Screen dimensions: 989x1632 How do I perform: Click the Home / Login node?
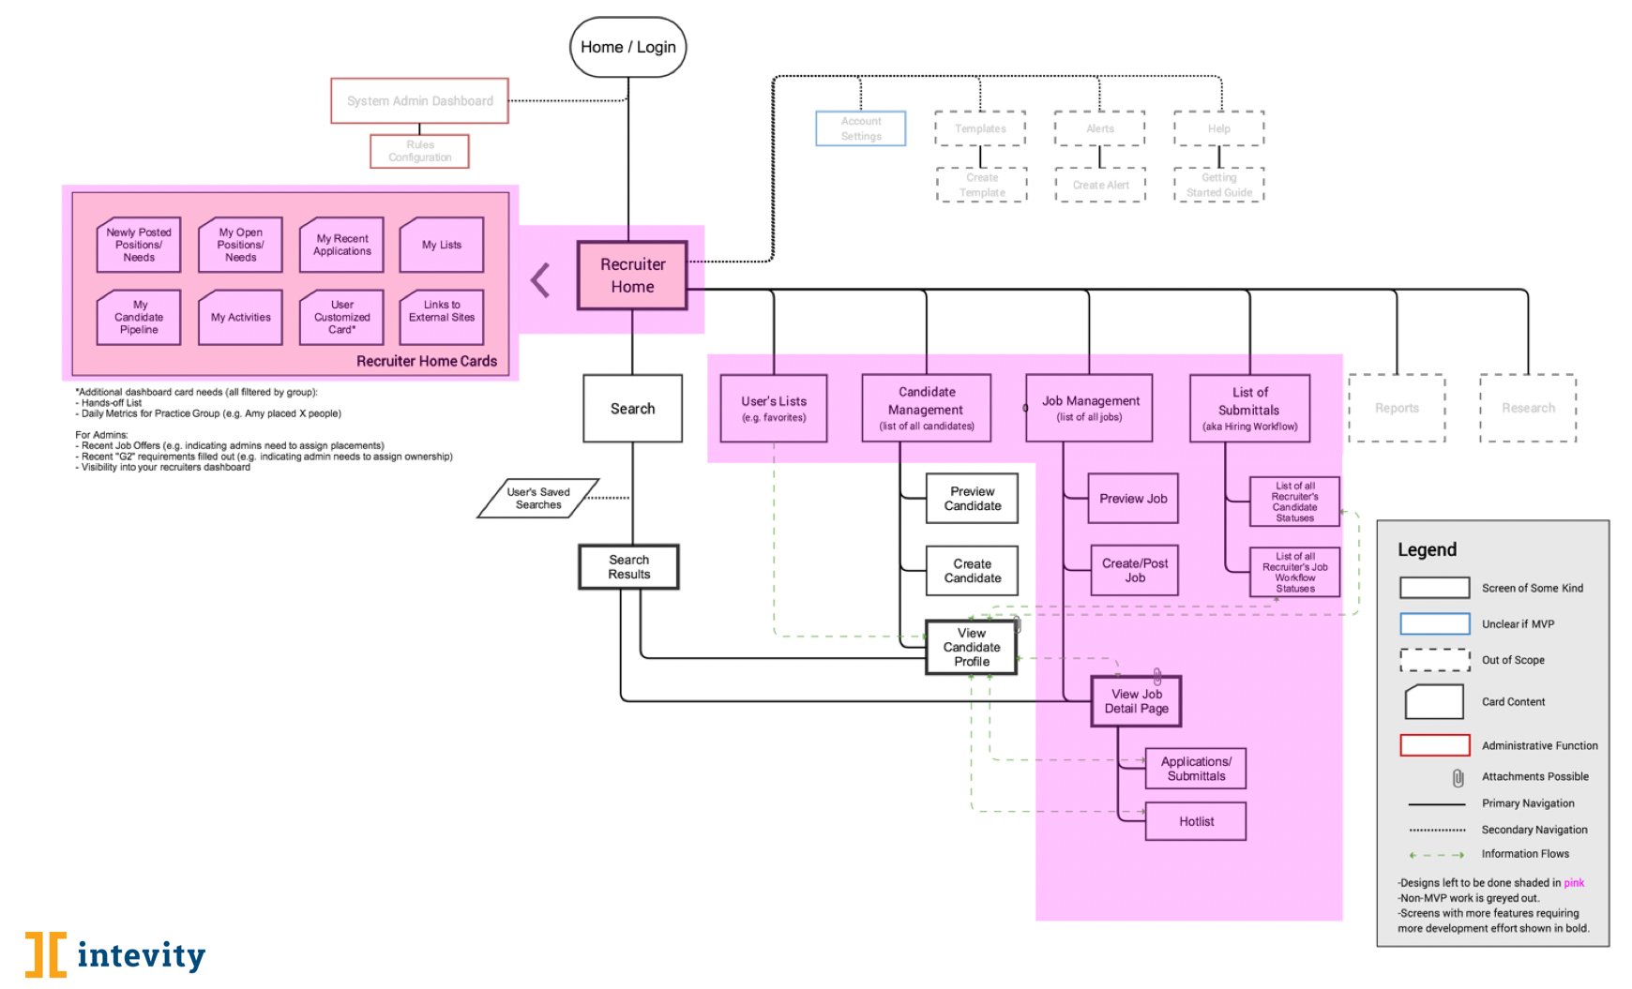click(x=627, y=47)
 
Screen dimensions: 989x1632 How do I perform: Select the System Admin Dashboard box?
click(x=419, y=101)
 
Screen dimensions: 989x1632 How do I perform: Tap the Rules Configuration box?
click(x=419, y=151)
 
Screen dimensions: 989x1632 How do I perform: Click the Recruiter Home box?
click(x=632, y=276)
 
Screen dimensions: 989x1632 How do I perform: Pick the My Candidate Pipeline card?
click(x=139, y=318)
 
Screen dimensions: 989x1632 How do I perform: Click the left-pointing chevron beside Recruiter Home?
click(x=540, y=279)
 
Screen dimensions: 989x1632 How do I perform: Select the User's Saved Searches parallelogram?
click(x=537, y=499)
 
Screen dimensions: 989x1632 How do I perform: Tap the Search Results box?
click(x=628, y=567)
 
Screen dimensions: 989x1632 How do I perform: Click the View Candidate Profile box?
click(x=971, y=647)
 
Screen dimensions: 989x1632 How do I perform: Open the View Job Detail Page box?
click(x=1136, y=701)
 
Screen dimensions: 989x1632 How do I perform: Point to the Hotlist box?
click(x=1196, y=821)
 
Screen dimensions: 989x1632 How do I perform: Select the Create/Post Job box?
click(x=1134, y=570)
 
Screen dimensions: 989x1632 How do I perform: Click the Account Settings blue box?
click(x=860, y=128)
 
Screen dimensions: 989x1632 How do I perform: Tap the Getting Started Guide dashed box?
click(x=1218, y=185)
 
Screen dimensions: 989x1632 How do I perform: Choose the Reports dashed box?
click(x=1397, y=408)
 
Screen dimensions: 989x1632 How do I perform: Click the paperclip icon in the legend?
click(x=1458, y=777)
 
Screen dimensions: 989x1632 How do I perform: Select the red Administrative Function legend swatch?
click(x=1434, y=745)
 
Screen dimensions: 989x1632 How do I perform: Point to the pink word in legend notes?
click(x=1574, y=883)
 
